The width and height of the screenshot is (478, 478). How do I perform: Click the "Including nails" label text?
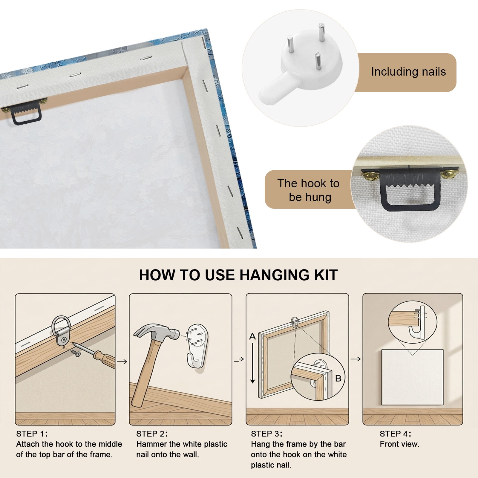point(408,72)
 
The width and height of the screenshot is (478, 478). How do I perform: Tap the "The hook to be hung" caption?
point(309,190)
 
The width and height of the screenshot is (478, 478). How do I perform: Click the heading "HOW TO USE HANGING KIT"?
point(238,275)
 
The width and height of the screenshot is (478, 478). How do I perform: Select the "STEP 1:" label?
point(32,434)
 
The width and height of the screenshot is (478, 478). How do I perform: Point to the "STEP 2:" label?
point(152,434)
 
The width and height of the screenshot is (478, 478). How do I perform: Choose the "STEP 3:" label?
point(267,434)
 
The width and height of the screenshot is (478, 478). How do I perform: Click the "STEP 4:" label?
point(396,434)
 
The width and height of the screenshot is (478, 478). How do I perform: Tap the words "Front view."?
point(399,444)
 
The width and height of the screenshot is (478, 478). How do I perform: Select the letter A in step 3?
point(252,336)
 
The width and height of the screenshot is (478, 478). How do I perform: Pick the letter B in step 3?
point(338,379)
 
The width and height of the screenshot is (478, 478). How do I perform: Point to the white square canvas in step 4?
point(412,377)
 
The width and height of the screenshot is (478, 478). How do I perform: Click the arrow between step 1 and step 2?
point(122,362)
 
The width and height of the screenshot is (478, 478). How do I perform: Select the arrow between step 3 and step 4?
point(356,359)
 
